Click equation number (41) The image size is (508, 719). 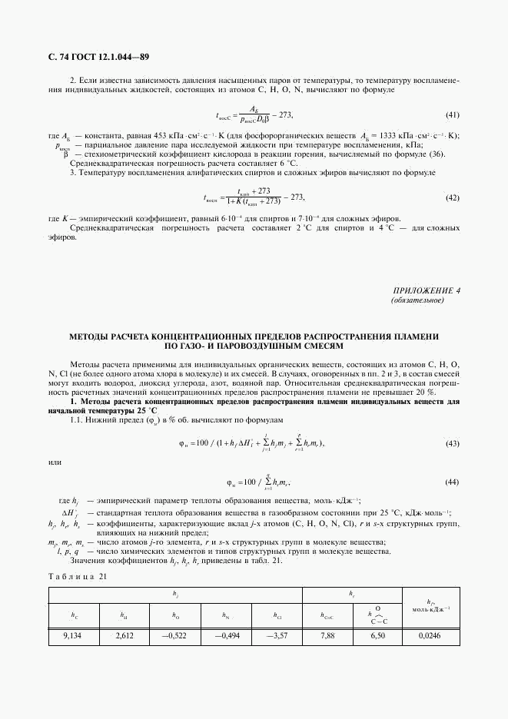coord(453,115)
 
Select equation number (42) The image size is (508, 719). coord(453,197)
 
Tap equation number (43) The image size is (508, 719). coord(453,444)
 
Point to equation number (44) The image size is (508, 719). coord(453,482)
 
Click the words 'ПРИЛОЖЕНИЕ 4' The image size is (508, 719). coord(426,290)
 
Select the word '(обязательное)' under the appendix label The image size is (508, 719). coord(417,300)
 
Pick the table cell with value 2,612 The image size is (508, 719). coord(125,636)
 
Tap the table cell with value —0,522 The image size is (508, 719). coord(175,636)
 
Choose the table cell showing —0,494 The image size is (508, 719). coord(225,636)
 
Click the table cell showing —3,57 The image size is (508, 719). coord(276,636)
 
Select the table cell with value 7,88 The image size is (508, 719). coord(329,636)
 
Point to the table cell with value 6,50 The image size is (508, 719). coord(378,636)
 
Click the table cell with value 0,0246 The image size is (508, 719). coord(431,636)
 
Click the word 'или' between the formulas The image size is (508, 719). coord(55,462)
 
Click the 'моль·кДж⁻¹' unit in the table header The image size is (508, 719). coord(431,609)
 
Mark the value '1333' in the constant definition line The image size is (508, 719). coord(387,136)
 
